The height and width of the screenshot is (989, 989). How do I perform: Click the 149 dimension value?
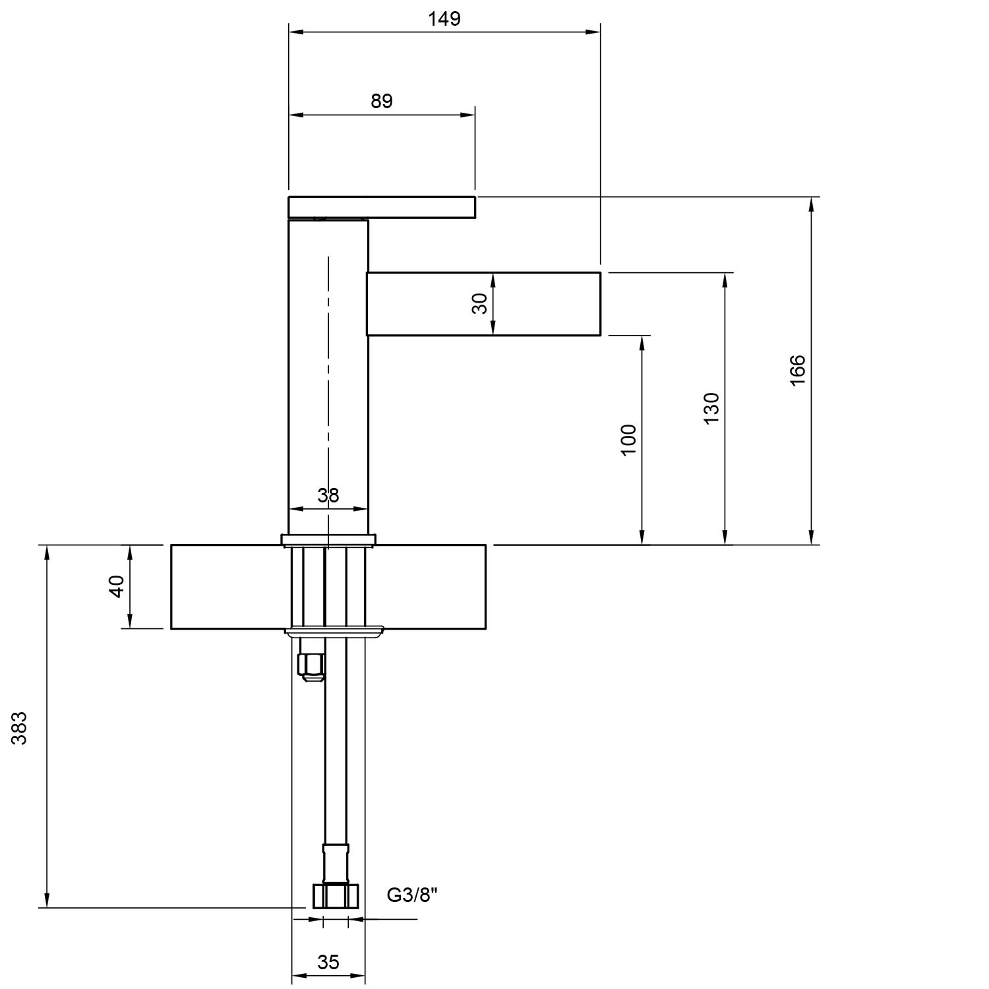click(x=444, y=18)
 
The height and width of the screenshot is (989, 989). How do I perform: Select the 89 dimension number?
click(x=382, y=101)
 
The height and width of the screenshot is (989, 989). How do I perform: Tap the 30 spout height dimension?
click(x=481, y=303)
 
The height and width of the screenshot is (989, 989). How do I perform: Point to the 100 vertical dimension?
click(x=629, y=439)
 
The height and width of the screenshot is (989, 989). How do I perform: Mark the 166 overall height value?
click(x=797, y=371)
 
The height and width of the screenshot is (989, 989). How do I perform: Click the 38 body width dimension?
click(x=328, y=495)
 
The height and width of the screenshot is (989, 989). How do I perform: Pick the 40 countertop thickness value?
click(x=116, y=586)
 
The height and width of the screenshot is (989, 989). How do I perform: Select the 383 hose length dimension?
click(x=20, y=728)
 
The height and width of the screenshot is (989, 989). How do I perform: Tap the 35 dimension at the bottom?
click(x=328, y=963)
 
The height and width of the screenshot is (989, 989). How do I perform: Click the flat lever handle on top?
click(x=382, y=206)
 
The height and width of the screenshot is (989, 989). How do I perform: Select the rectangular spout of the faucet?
click(x=483, y=303)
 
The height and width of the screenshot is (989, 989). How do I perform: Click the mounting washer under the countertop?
click(x=334, y=631)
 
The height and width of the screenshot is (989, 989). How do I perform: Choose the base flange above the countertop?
click(x=328, y=540)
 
